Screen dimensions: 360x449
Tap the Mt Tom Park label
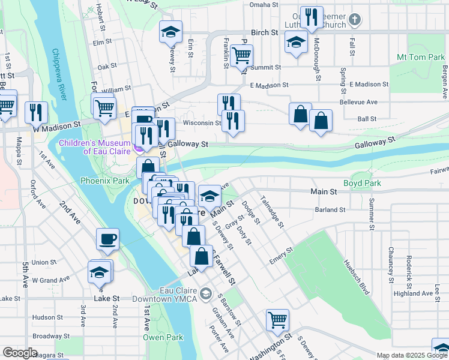click(420, 57)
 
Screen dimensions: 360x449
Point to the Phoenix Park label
click(105, 180)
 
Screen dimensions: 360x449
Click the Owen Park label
click(163, 337)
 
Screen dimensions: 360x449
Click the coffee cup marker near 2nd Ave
click(108, 239)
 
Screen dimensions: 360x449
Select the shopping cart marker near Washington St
click(277, 320)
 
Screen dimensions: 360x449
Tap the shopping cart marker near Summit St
click(241, 56)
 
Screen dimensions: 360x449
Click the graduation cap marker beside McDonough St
click(295, 43)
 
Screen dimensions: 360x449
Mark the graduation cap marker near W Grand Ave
click(99, 272)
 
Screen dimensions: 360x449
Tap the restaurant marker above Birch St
click(310, 17)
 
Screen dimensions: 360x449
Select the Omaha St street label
click(264, 4)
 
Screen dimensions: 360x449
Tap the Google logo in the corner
click(20, 353)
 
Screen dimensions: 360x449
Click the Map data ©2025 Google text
click(411, 355)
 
